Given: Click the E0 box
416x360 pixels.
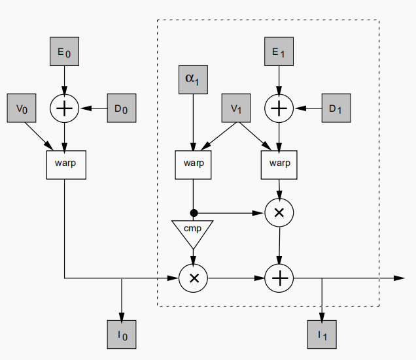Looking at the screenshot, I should (64, 52).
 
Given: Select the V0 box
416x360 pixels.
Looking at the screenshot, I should (21, 108).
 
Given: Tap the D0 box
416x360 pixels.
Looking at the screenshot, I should (121, 108).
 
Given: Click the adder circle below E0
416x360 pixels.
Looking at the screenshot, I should (64, 108).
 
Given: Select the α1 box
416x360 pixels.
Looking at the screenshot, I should (193, 79).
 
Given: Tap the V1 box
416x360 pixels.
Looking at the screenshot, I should (236, 108).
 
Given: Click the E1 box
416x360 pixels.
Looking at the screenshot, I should (279, 52).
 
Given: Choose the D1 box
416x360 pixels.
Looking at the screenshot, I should (336, 108).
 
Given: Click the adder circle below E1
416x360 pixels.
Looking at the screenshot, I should (279, 108).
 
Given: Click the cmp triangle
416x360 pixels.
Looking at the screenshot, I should (193, 232).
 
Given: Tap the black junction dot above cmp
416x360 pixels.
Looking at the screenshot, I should (194, 213).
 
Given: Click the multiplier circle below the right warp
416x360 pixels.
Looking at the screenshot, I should (279, 213).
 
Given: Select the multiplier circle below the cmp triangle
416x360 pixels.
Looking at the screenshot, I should (194, 278).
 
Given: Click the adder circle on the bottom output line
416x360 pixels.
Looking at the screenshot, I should (279, 278).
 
